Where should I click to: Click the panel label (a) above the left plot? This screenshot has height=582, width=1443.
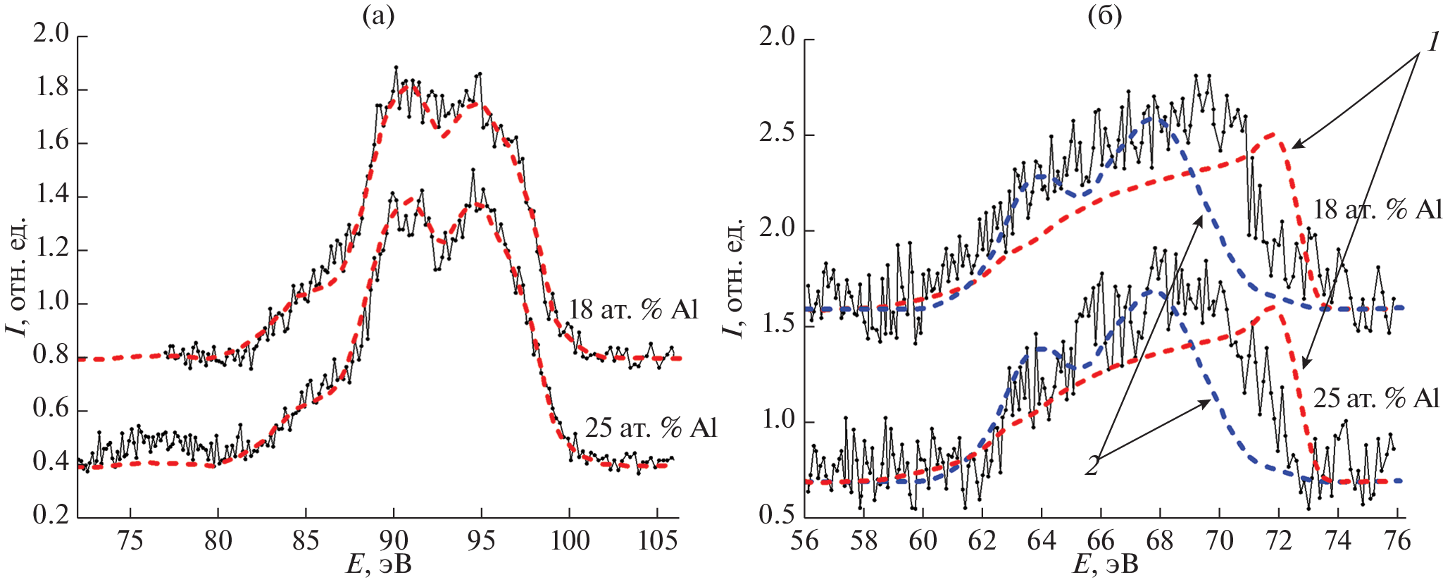[378, 16]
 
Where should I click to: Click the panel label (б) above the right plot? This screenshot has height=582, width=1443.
[1104, 16]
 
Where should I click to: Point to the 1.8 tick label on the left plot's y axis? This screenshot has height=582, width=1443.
[52, 89]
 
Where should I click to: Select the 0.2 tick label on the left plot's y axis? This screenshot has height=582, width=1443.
[52, 515]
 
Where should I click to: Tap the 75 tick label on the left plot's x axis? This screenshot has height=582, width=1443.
[130, 541]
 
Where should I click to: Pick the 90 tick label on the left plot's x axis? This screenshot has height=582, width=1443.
[394, 541]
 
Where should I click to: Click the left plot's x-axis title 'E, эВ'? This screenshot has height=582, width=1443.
[378, 565]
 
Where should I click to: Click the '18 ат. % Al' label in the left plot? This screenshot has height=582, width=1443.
[633, 309]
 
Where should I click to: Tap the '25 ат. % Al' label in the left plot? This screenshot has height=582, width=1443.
[651, 428]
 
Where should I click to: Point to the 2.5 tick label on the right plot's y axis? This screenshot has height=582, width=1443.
[777, 134]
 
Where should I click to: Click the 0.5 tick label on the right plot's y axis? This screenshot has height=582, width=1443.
[777, 515]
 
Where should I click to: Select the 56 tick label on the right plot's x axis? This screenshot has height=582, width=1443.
[805, 541]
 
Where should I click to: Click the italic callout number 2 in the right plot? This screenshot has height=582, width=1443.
[1092, 466]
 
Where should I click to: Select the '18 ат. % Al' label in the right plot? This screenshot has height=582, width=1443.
[1378, 210]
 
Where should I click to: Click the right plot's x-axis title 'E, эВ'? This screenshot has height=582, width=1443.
[1104, 565]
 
